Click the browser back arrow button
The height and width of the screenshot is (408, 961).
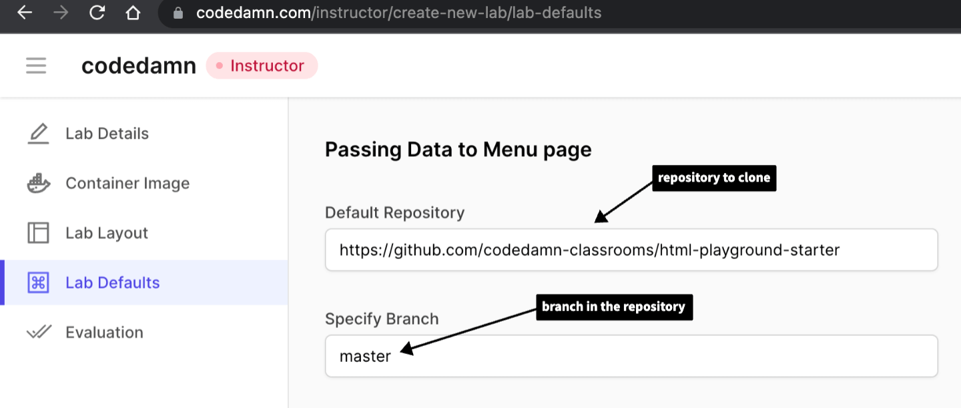click(x=25, y=13)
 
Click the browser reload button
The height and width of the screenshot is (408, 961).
click(x=97, y=13)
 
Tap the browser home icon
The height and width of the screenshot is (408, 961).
click(x=133, y=13)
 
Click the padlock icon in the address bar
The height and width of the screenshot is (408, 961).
click(x=178, y=13)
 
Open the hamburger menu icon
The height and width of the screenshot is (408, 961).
click(x=36, y=65)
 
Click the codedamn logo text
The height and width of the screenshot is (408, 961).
click(x=139, y=65)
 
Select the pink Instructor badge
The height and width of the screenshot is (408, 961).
click(x=262, y=65)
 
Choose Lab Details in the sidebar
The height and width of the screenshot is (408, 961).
click(x=107, y=134)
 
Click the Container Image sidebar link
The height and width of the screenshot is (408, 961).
click(x=127, y=183)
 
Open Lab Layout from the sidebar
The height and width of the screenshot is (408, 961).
click(x=107, y=233)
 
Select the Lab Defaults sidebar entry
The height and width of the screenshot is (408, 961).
click(x=112, y=282)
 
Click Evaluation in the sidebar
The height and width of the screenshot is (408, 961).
click(x=104, y=333)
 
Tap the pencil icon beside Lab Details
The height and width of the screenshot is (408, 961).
click(x=38, y=134)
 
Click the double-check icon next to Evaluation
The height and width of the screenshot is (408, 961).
click(x=38, y=333)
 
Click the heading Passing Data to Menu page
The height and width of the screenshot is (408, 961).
click(x=458, y=150)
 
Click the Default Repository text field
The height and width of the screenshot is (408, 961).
click(x=631, y=250)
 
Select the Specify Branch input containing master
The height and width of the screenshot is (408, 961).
click(x=631, y=356)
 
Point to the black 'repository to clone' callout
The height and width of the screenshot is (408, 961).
click(x=713, y=178)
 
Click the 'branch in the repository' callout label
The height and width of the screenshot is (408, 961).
click(x=613, y=307)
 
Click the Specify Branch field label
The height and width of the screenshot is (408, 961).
click(x=382, y=319)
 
